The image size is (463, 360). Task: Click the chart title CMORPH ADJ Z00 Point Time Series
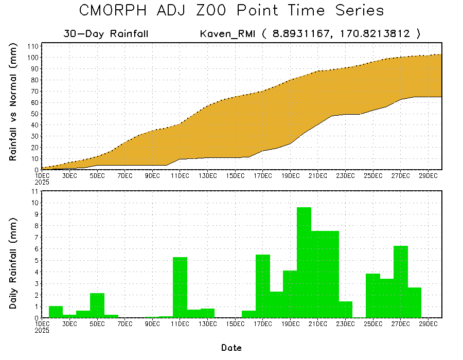pyautogui.click(x=232, y=11)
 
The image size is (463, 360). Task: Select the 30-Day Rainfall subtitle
pyautogui.click(x=106, y=34)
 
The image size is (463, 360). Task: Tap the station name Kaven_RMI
pyautogui.click(x=227, y=34)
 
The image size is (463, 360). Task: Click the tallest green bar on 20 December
pyautogui.click(x=304, y=262)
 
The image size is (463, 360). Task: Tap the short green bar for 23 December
pyautogui.click(x=346, y=310)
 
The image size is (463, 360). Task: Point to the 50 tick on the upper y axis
pyautogui.click(x=35, y=114)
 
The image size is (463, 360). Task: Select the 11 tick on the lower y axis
pyautogui.click(x=35, y=191)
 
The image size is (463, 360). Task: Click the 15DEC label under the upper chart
pyautogui.click(x=235, y=176)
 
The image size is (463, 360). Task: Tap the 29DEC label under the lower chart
pyautogui.click(x=429, y=324)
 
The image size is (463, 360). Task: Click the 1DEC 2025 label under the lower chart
pyautogui.click(x=42, y=327)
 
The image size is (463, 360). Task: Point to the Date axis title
pyautogui.click(x=232, y=348)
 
